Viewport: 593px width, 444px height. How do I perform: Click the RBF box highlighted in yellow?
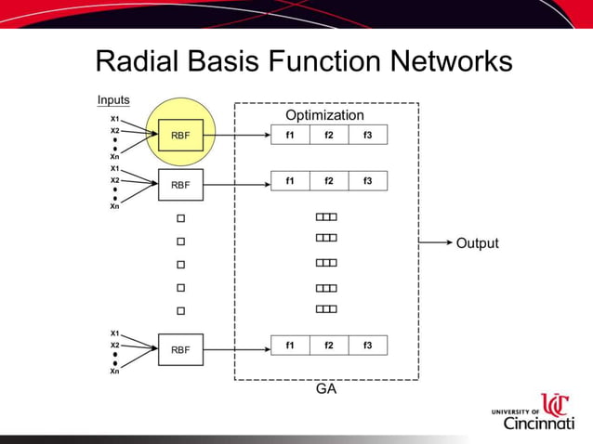point(180,136)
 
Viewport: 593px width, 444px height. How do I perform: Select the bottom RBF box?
point(180,350)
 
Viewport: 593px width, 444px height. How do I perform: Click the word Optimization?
point(324,115)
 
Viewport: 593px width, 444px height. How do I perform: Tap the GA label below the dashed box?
point(326,390)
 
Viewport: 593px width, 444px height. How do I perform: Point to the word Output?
point(477,243)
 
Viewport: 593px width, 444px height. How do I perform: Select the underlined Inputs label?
point(113,100)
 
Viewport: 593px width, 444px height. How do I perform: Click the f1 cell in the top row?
point(290,136)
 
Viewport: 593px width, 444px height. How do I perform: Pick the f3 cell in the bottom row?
point(367,346)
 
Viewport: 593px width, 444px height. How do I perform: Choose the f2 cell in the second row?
point(329,181)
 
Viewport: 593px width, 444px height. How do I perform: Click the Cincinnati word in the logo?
point(538,424)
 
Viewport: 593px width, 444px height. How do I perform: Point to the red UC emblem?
point(555,405)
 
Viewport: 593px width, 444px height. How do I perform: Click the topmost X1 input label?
point(114,119)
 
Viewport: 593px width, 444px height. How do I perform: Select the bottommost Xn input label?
point(114,372)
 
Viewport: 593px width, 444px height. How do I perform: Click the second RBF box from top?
point(180,185)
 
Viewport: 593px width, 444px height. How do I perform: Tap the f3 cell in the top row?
point(367,136)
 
